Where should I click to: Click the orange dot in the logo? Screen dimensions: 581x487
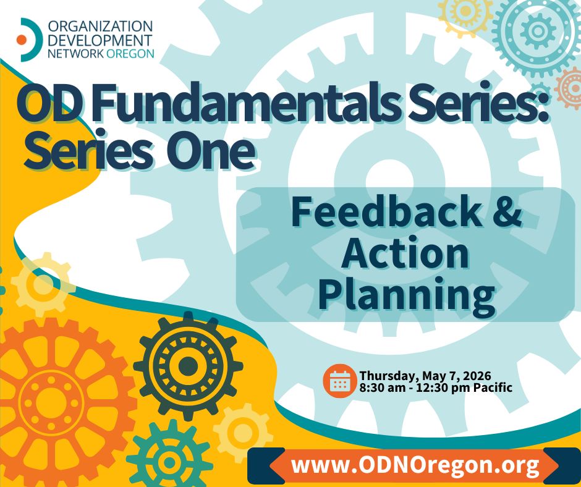coord(22,40)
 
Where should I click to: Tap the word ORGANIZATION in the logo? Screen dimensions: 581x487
coord(100,27)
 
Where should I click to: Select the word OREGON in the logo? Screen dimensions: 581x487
coord(130,53)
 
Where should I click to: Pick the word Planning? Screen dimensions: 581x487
coord(407,295)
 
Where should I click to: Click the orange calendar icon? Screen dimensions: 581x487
coord(339,381)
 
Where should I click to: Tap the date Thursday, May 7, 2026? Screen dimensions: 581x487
coord(425,375)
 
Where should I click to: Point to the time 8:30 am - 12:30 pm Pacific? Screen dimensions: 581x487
coord(436,387)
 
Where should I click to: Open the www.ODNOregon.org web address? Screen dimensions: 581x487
coord(415,465)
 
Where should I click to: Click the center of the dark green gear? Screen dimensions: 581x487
coord(188,366)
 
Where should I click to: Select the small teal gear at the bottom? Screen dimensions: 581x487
coord(170,462)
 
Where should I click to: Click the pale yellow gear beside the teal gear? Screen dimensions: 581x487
coord(243,433)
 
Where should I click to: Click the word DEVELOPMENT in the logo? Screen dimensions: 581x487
coord(100,40)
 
